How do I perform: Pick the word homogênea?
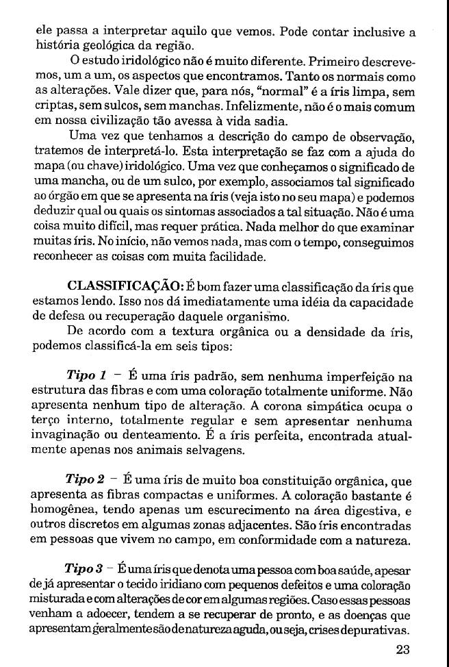64,510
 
